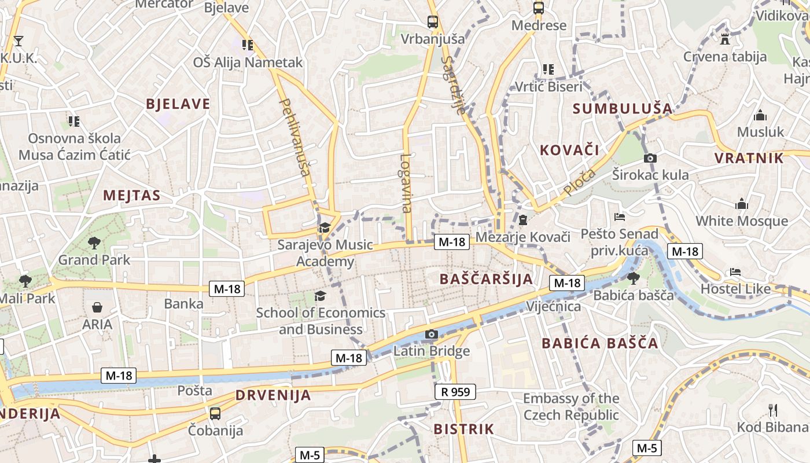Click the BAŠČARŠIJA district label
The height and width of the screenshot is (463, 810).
(486, 279)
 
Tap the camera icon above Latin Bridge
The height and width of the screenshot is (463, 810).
(431, 334)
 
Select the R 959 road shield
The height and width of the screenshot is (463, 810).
(455, 392)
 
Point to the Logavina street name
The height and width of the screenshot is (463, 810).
(406, 183)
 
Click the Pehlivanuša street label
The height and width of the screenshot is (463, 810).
(296, 137)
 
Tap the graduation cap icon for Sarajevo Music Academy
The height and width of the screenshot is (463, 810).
(325, 227)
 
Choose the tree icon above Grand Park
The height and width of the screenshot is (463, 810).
(94, 242)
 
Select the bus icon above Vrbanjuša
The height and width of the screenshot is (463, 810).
(432, 22)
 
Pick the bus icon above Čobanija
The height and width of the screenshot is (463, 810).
(215, 413)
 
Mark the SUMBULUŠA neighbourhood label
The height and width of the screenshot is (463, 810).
(623, 108)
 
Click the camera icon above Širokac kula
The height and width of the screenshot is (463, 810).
(650, 158)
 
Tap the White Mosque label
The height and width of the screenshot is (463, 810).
(741, 221)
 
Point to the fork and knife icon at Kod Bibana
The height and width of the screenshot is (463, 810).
(772, 410)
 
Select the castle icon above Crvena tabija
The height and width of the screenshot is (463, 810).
(724, 39)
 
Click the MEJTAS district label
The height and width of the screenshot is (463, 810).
(131, 195)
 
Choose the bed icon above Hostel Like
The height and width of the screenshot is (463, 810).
(735, 271)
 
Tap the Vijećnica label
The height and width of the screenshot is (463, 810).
(554, 306)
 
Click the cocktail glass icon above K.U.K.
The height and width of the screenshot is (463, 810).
(19, 41)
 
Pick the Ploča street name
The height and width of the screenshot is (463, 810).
(579, 182)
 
